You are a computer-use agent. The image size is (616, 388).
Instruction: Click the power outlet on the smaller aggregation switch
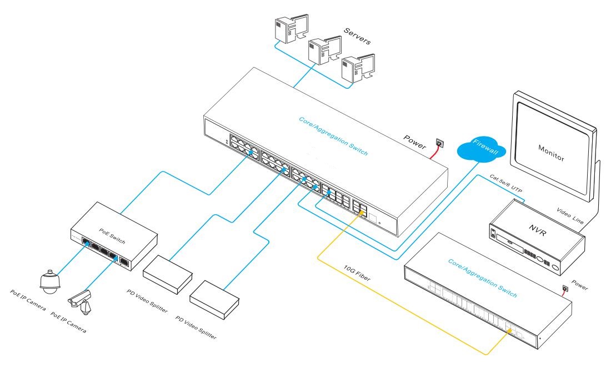pyautogui.click(x=565, y=288)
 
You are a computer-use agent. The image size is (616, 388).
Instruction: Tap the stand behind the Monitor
pyautogui.click(x=597, y=183)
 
